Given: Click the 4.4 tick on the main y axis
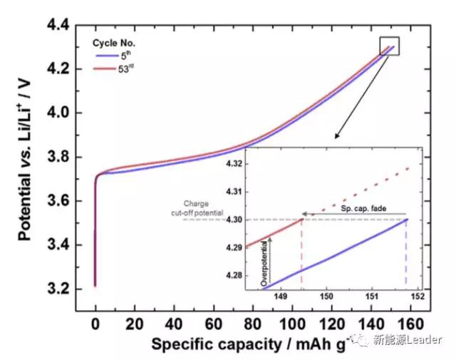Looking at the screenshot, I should click(x=58, y=26).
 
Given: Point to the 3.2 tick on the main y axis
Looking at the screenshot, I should click(x=58, y=289).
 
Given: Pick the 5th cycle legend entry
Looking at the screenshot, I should click(x=125, y=56).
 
